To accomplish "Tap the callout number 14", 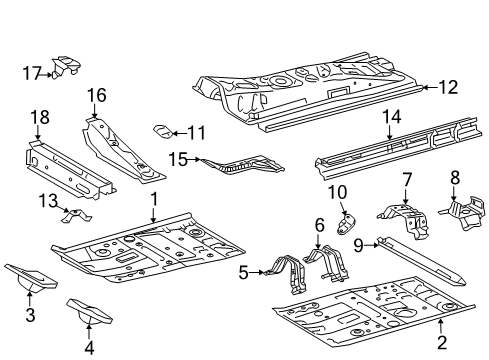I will click(391, 117).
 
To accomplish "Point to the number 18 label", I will click(39, 119).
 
